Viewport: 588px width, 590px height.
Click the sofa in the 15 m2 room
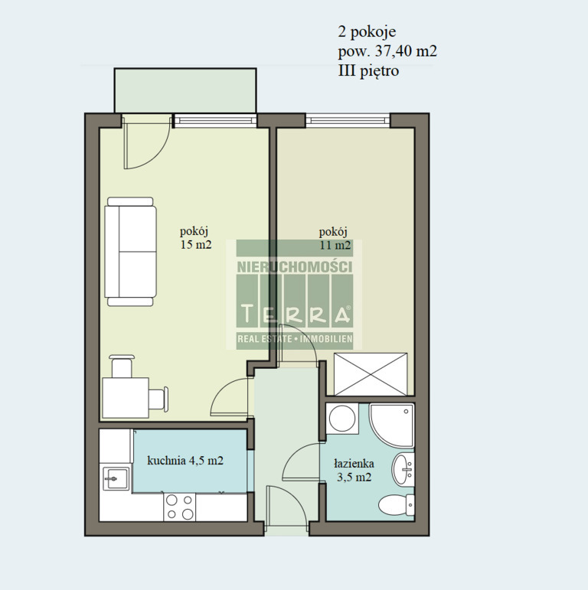(x=130, y=252)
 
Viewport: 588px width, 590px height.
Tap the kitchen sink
(x=115, y=478)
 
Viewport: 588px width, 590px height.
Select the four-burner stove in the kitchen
(x=180, y=507)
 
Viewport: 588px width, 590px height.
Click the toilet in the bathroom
(x=397, y=505)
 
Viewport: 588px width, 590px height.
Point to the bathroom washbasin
(x=403, y=470)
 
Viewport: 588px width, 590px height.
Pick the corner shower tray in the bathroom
(x=391, y=425)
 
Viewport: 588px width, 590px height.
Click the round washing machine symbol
(x=342, y=419)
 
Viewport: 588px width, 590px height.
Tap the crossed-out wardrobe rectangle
(x=371, y=374)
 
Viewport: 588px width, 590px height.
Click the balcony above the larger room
(x=185, y=90)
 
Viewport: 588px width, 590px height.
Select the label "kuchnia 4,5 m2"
(x=185, y=460)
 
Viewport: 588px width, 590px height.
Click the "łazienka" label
(x=354, y=463)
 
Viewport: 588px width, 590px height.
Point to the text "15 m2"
(x=196, y=245)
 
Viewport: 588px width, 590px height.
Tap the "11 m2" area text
(x=335, y=246)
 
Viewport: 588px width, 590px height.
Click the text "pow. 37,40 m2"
(x=387, y=51)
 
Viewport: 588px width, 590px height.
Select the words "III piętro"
(x=368, y=70)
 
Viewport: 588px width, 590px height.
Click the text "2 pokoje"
(x=367, y=31)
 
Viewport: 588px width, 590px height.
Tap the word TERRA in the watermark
(x=294, y=314)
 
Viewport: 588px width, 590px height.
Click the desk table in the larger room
(x=126, y=398)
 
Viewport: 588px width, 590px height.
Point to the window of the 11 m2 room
(x=348, y=120)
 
